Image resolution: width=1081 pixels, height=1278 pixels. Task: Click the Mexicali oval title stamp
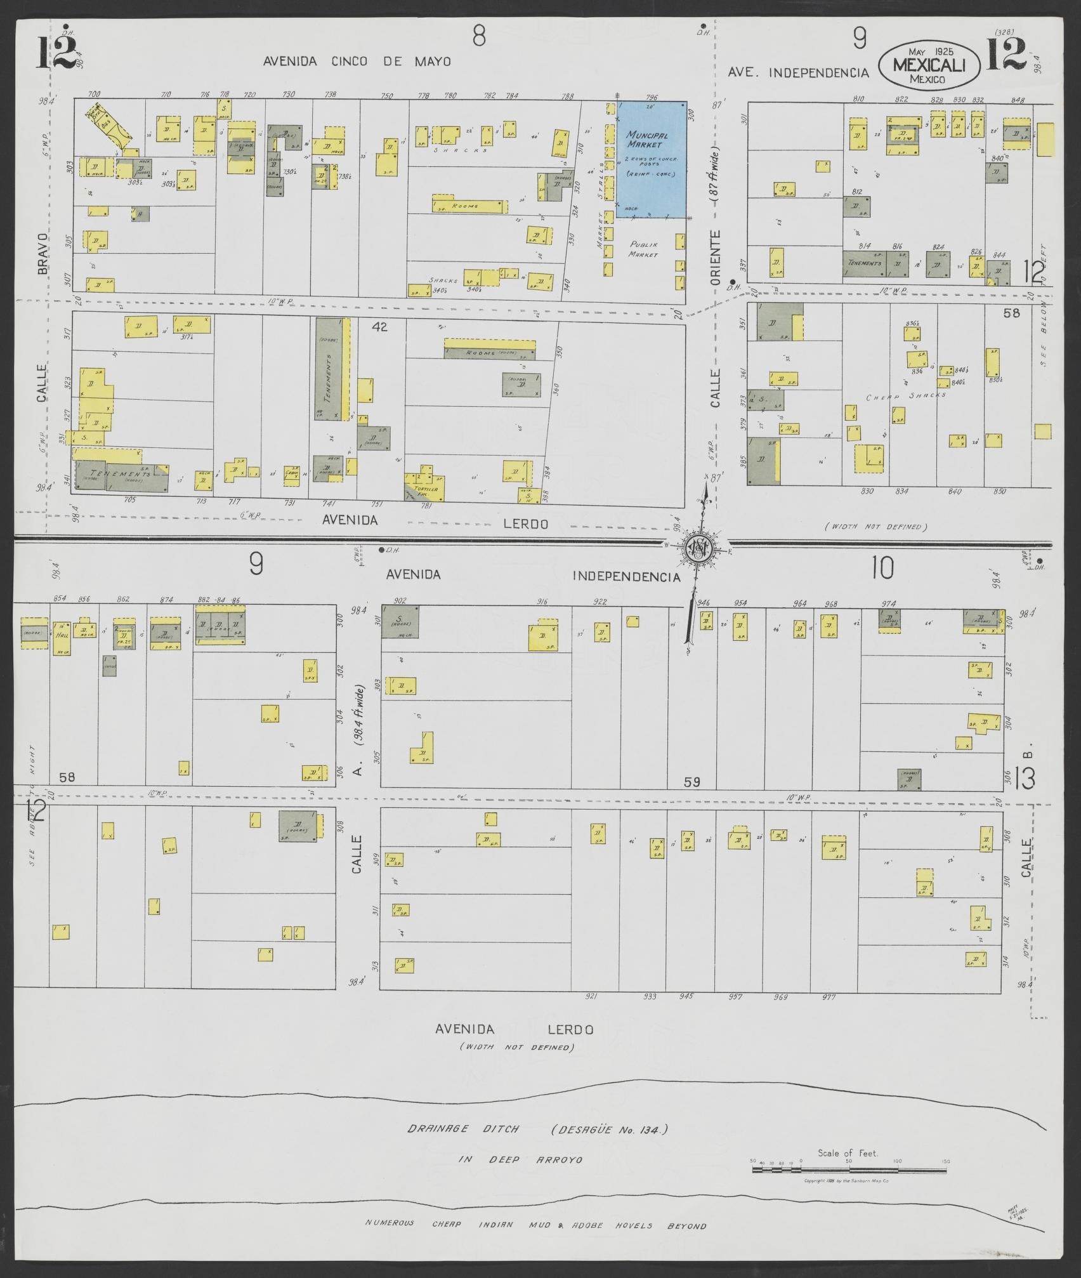pos(929,65)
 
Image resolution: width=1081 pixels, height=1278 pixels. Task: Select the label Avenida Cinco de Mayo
pos(357,62)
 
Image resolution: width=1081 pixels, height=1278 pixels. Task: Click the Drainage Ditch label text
pos(463,1147)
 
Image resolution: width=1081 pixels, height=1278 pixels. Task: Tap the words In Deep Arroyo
pos(520,1177)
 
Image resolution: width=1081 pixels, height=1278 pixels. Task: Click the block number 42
pos(379,327)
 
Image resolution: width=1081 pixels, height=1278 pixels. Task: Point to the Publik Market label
pos(644,249)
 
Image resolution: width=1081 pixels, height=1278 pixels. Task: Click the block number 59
pos(691,782)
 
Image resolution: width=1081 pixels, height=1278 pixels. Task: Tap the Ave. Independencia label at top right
pos(798,73)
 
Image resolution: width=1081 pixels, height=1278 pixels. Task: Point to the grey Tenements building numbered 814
pos(863,263)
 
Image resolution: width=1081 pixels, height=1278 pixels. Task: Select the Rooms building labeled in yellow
pos(471,206)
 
